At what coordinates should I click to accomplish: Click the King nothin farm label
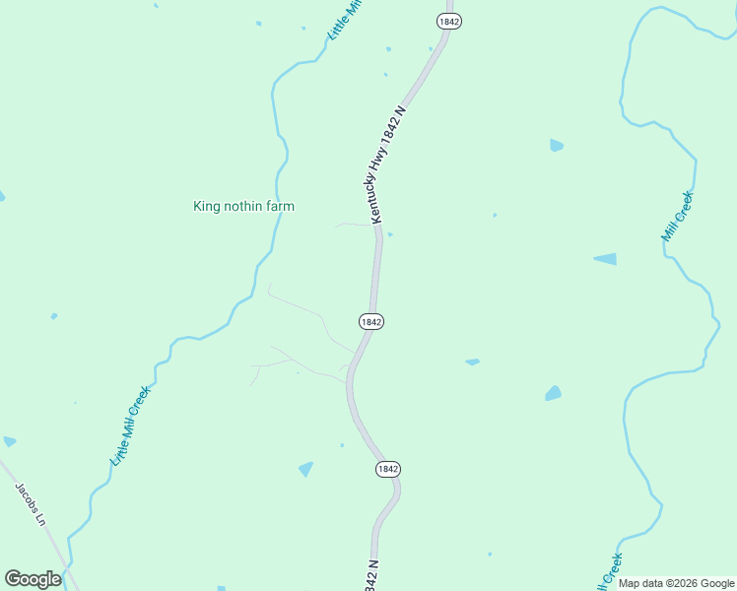243,206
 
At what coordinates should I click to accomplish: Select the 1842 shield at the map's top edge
449,21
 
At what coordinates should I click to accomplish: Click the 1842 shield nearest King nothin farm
370,322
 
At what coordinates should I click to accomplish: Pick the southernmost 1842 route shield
388,470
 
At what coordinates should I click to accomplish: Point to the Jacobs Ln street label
31,503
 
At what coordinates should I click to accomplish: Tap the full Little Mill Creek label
130,425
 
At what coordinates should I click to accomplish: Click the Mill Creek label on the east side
678,217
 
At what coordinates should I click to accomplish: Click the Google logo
33,579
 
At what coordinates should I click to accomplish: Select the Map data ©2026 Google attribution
676,583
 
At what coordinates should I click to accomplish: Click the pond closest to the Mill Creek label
605,259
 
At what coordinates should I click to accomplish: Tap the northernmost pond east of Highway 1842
557,146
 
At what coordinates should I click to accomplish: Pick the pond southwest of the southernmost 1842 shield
306,469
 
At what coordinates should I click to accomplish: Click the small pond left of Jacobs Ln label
9,441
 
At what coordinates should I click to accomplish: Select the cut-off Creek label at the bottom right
611,569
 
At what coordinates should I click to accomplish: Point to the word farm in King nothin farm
278,206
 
